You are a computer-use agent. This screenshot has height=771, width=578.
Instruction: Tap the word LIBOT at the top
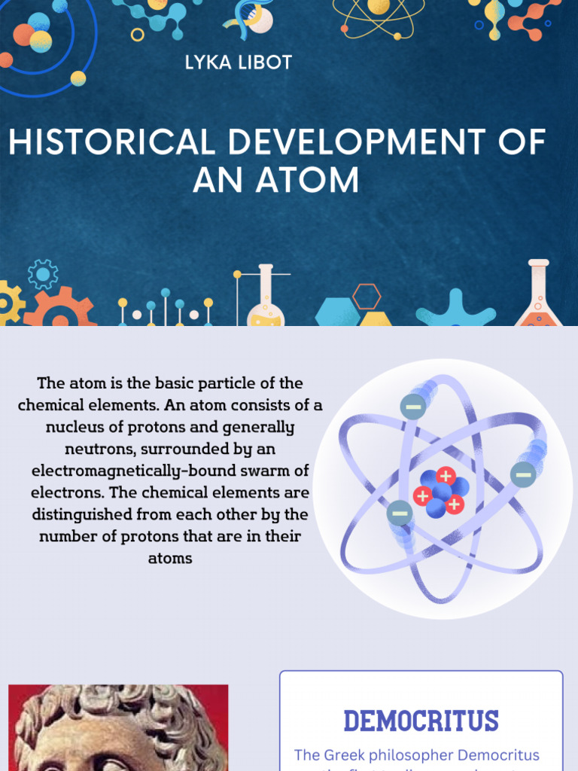click(x=264, y=62)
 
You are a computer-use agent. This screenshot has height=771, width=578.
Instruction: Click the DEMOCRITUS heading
click(x=421, y=721)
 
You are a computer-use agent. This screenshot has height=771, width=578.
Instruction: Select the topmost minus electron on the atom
click(x=413, y=407)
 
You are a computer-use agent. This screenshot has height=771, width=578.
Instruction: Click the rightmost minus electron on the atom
click(x=523, y=474)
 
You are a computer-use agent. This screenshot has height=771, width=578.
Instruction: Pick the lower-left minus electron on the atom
click(x=400, y=513)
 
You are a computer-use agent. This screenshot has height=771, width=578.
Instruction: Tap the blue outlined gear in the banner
click(x=43, y=274)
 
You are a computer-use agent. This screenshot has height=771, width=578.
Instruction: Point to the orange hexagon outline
click(x=367, y=297)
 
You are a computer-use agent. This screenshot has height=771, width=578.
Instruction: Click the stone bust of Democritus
click(x=118, y=728)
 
